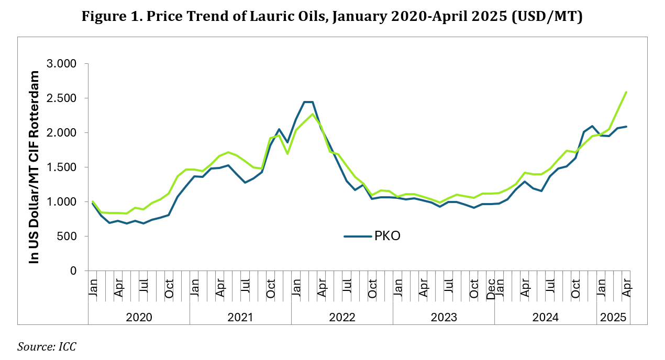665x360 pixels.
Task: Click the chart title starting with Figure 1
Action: tap(332, 17)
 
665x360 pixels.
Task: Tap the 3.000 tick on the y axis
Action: tap(62, 64)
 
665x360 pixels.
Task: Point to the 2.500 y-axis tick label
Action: tap(62, 98)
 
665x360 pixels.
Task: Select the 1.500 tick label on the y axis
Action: tap(62, 167)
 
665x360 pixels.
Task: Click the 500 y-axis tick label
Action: tap(68, 237)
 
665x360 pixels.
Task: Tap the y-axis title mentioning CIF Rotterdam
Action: tap(35, 167)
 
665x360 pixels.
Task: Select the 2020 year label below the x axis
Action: tap(139, 317)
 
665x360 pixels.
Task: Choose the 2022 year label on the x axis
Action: tap(342, 317)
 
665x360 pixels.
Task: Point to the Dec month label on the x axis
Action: tap(491, 288)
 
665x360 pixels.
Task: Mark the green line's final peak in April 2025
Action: tap(626, 92)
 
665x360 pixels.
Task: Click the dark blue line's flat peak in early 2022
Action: tap(308, 102)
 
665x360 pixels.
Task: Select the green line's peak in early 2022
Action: tap(312, 114)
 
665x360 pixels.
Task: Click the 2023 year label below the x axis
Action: tap(444, 317)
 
